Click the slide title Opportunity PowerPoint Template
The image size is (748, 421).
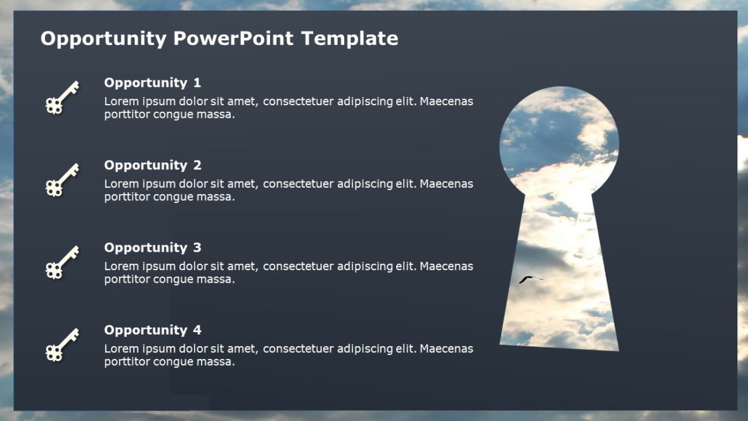click(219, 39)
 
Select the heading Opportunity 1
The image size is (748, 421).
click(152, 83)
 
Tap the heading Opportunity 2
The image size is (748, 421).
click(152, 165)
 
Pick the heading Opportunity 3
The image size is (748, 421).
click(152, 248)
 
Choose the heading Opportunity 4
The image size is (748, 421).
click(152, 330)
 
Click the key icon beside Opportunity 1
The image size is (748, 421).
click(62, 97)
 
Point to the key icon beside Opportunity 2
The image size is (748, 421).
click(62, 179)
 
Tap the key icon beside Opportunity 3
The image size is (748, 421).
click(62, 262)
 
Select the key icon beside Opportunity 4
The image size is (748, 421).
click(62, 344)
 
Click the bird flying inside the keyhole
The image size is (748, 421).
click(531, 279)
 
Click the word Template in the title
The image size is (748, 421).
click(350, 39)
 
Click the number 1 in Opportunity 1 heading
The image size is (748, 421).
click(197, 83)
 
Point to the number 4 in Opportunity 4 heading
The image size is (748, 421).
click(197, 330)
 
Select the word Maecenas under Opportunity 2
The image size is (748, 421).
click(446, 184)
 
